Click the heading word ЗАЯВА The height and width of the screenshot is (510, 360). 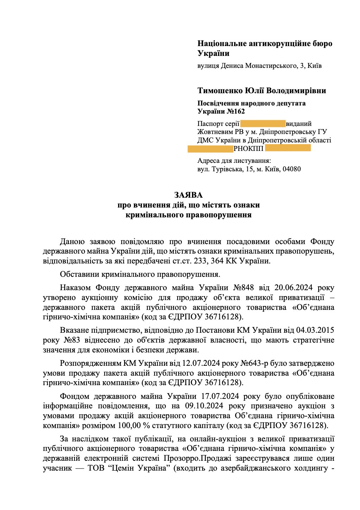tap(189, 195)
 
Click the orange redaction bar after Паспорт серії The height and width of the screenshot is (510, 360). tap(263, 123)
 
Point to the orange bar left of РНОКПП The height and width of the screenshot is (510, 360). tap(210, 148)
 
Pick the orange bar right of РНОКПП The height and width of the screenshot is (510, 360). tap(288, 148)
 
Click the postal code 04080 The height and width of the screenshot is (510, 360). tap(291, 169)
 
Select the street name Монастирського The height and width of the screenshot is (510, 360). tap(271, 65)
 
